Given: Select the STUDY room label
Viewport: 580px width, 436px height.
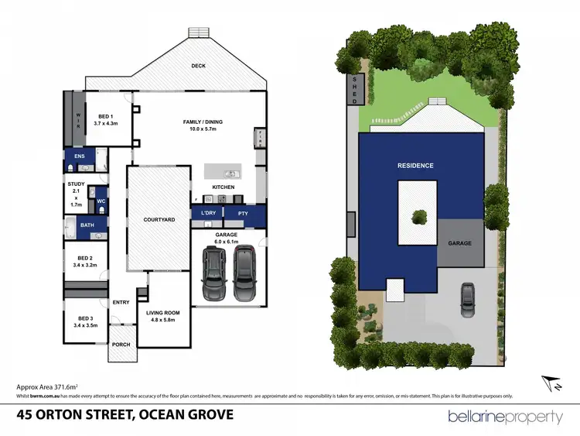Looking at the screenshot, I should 75,184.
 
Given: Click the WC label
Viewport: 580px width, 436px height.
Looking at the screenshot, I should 101,201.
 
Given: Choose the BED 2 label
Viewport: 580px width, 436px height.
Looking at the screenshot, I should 85,258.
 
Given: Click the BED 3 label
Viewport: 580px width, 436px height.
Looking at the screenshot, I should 85,318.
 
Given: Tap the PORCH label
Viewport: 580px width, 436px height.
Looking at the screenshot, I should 121,345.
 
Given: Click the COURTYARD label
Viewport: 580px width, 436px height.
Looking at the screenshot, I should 159,220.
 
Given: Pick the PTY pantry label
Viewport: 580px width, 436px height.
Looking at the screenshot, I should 242,213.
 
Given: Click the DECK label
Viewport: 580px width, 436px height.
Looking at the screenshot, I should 199,66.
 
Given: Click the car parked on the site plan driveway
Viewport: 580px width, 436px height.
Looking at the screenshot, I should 468,295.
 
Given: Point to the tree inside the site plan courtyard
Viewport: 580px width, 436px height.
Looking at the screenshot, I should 419,216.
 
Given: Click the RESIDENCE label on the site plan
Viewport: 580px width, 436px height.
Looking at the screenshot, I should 415,166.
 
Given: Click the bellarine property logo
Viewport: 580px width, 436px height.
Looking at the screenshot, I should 506,417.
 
